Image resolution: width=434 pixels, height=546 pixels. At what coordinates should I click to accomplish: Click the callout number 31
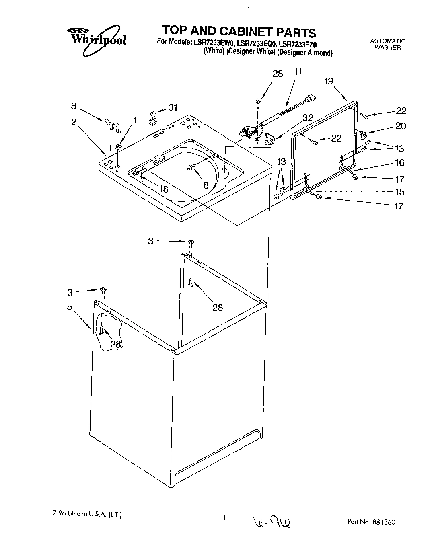coord(173,107)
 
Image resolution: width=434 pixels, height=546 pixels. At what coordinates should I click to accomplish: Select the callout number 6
coord(73,106)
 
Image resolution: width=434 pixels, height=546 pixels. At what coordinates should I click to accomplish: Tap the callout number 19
coord(329,81)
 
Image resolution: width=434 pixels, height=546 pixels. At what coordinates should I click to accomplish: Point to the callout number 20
coord(400,126)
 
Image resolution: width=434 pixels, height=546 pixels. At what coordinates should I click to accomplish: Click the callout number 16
coord(399,163)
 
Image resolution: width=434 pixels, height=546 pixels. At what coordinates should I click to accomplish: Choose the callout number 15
coord(399,192)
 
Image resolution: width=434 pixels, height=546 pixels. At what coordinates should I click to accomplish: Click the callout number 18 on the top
coord(164,189)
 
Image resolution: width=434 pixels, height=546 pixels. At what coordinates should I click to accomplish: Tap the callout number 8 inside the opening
coord(206,185)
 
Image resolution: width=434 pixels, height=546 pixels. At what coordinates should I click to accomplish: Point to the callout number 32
coord(308,118)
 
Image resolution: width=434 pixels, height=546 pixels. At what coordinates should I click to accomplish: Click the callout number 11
coord(298,72)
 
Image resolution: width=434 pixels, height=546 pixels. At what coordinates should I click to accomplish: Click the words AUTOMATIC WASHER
coord(387,44)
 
